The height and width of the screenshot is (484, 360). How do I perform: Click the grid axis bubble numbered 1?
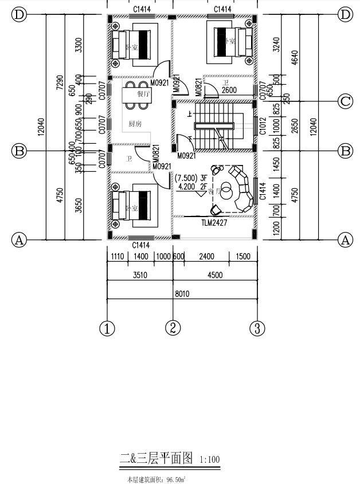click(x=107, y=328)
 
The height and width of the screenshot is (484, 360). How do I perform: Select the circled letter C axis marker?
click(x=345, y=101)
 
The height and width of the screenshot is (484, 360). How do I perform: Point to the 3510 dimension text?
click(x=140, y=275)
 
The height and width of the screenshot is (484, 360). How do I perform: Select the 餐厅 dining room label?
click(x=143, y=94)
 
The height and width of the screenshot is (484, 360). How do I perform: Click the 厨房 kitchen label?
click(x=135, y=123)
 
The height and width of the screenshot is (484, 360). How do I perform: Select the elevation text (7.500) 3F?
click(x=191, y=179)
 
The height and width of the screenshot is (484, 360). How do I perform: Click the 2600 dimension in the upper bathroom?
click(x=229, y=90)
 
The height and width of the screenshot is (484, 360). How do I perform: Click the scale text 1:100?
click(x=209, y=459)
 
